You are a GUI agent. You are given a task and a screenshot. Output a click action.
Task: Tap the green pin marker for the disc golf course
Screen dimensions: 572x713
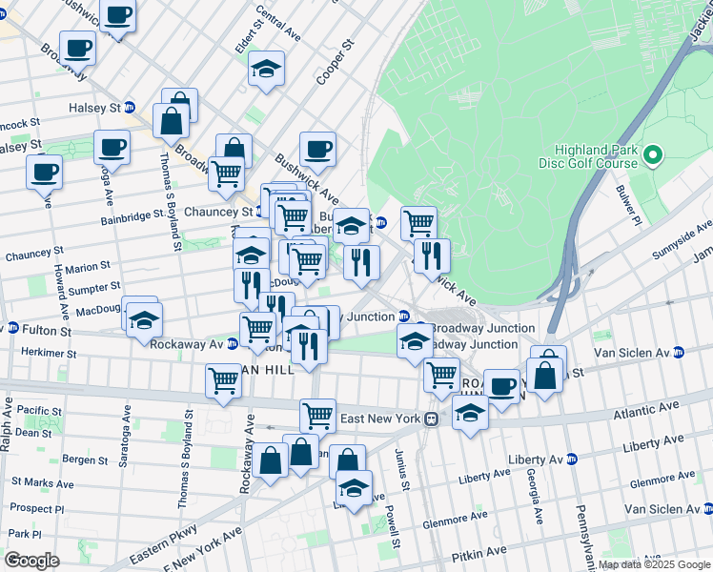click(653, 154)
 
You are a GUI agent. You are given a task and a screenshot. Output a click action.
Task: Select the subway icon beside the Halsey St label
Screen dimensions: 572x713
click(129, 108)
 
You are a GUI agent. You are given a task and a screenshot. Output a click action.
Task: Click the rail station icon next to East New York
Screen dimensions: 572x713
click(432, 419)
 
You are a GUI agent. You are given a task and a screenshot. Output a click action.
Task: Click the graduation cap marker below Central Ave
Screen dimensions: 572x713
click(267, 69)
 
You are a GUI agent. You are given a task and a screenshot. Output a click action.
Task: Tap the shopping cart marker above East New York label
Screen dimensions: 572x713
click(317, 415)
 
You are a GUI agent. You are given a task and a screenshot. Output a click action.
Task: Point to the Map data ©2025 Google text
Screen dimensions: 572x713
click(654, 564)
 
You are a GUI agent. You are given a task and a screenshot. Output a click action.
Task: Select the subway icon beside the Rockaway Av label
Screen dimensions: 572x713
click(232, 344)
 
